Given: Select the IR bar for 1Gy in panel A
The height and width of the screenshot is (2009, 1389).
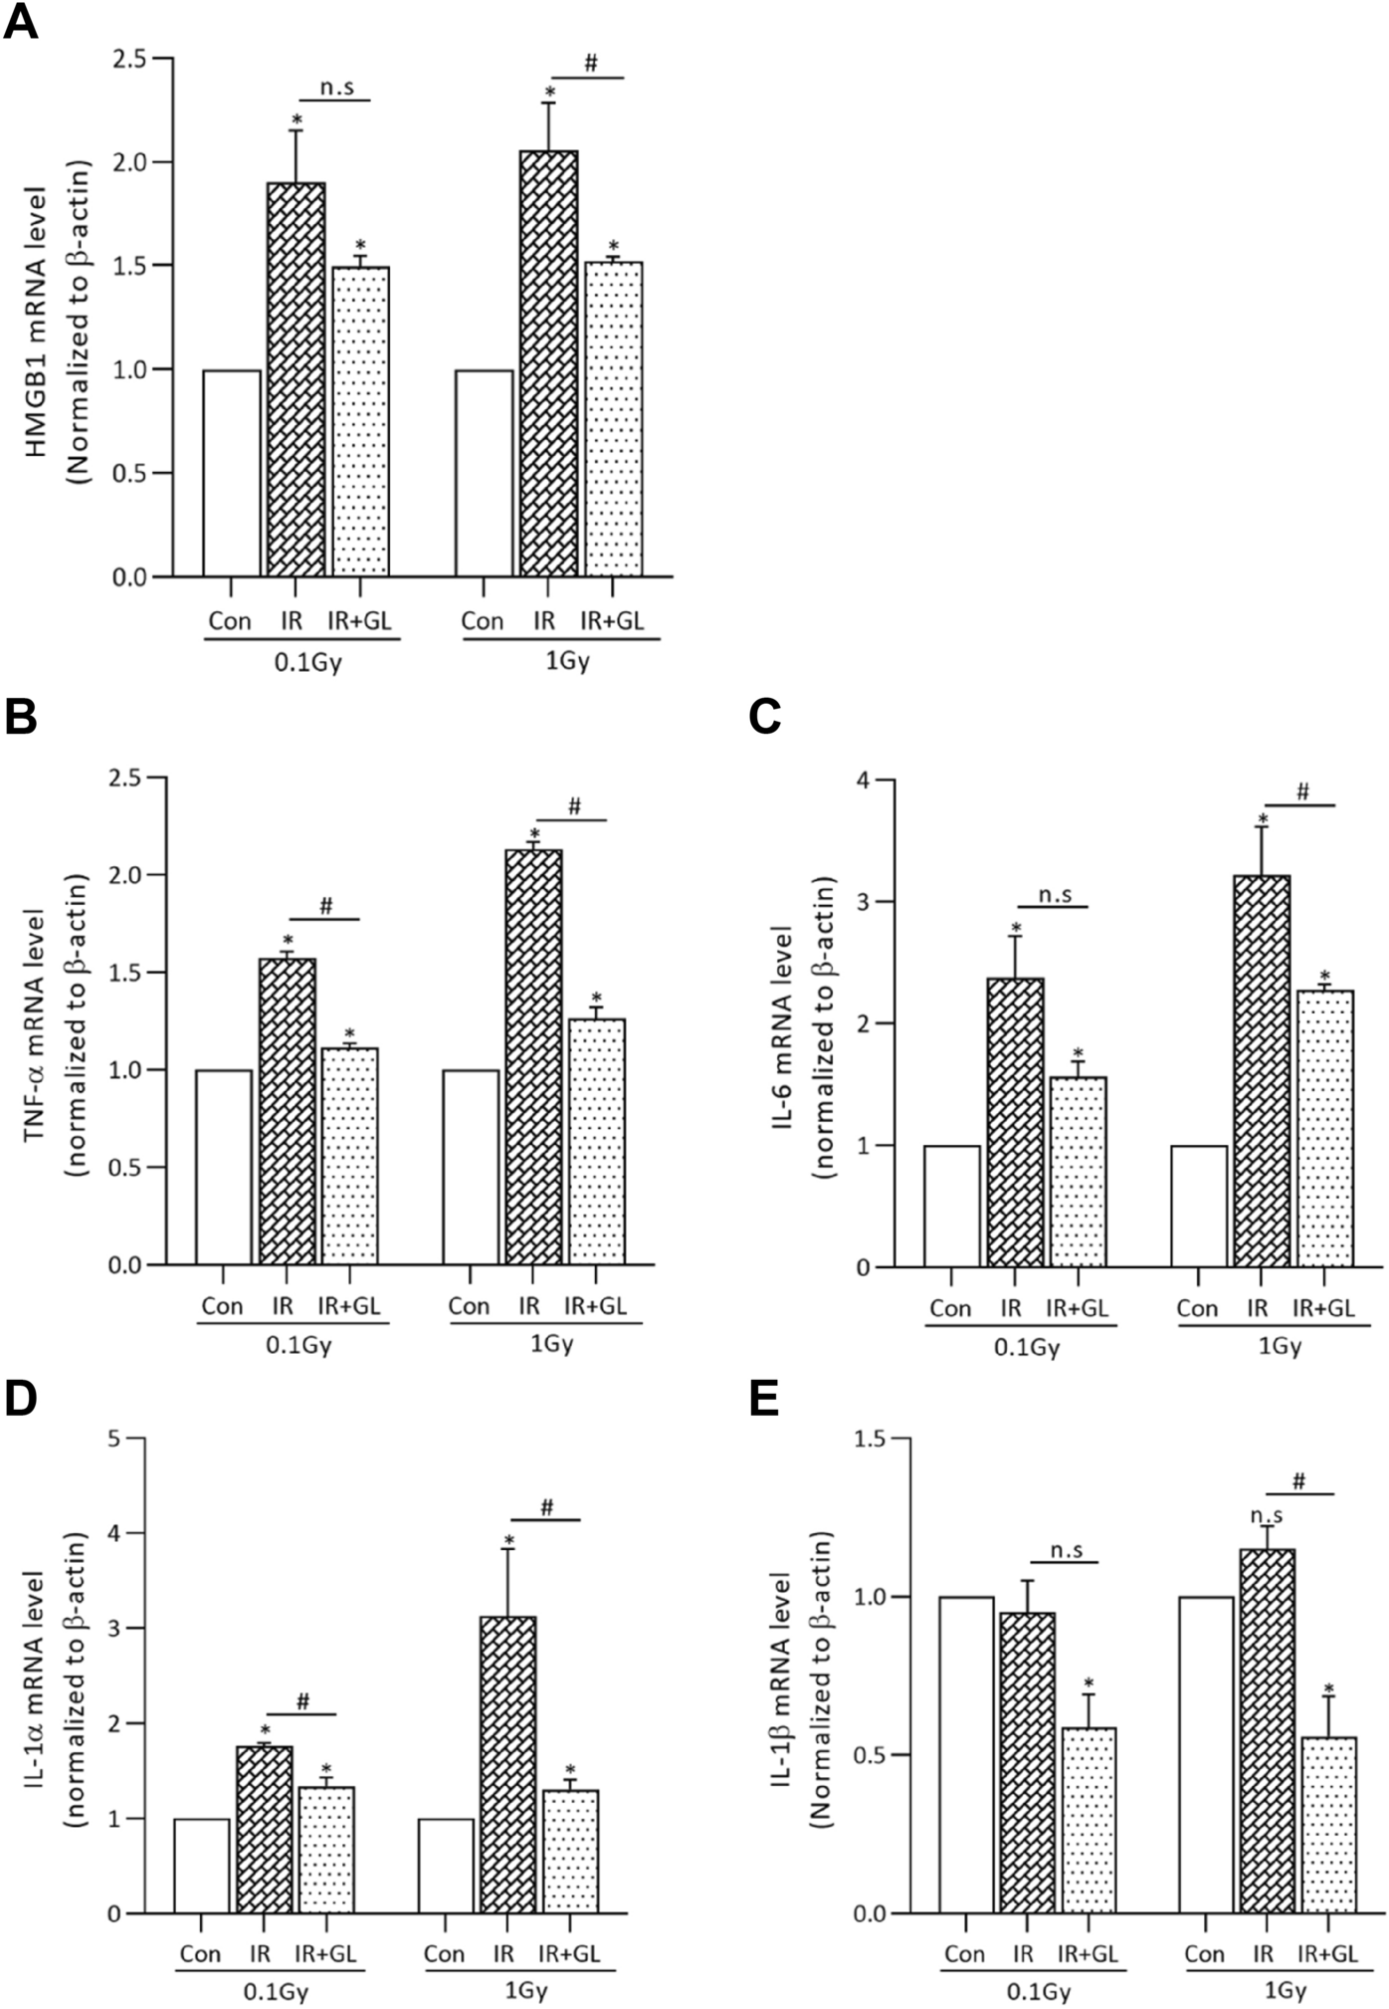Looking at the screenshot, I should [x=548, y=363].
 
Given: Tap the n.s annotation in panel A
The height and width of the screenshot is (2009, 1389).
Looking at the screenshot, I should [x=336, y=87].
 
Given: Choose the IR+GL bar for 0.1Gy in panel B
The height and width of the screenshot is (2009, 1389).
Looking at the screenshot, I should [x=349, y=1156].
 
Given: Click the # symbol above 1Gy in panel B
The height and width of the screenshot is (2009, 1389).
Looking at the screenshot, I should [x=574, y=806].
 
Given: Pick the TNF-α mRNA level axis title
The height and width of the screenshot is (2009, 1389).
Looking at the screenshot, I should [x=37, y=1020].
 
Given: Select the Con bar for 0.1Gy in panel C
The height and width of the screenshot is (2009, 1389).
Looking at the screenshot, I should [x=952, y=1206].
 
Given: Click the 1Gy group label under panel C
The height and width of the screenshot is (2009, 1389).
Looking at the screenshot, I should [x=1281, y=1347].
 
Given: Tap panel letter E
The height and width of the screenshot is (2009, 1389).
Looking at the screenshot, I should [x=764, y=1399].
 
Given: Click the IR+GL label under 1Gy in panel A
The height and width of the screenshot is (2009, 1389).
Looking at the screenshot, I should [x=612, y=621].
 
